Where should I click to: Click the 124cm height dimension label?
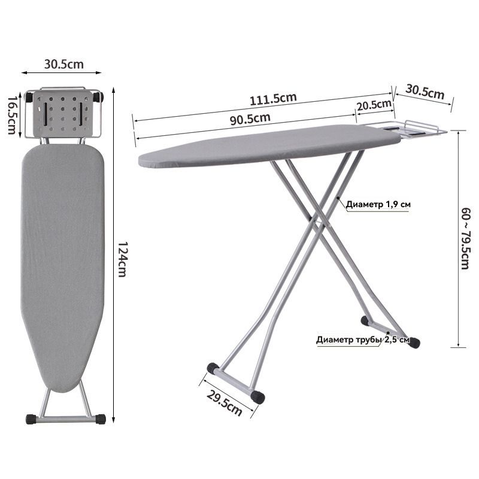coord(122,259)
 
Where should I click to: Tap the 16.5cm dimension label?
coord(11,115)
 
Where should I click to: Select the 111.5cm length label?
coord(273,99)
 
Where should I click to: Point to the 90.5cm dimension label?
coord(250,119)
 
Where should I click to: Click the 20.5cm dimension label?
coord(374,105)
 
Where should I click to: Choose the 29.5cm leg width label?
coord(225,403)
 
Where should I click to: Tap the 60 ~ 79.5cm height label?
coord(465,238)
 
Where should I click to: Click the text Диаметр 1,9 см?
coord(378,204)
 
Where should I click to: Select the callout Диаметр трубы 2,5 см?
coord(363,339)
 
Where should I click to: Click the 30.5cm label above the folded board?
coord(64,64)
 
